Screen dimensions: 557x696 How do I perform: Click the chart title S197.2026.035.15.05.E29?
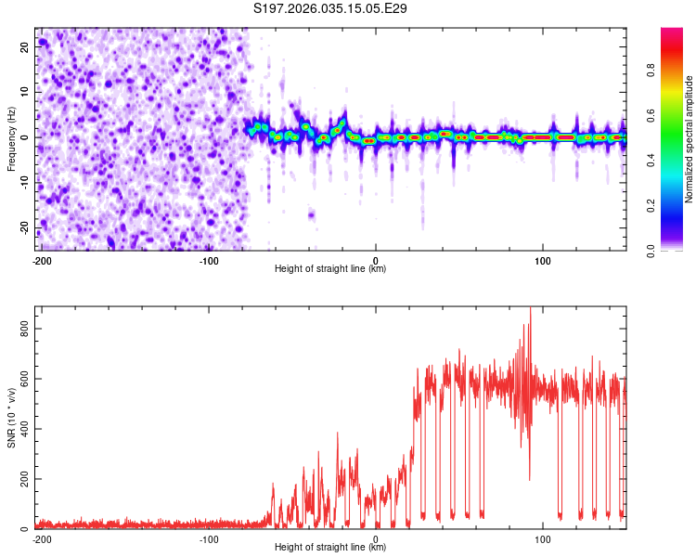pos(331,9)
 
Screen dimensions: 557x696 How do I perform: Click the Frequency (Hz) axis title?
pos(12,139)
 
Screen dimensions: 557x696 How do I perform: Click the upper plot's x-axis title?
pos(330,269)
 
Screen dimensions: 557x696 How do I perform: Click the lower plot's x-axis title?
pos(330,548)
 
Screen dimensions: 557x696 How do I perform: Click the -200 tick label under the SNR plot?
pos(42,538)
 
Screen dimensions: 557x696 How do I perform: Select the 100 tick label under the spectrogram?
pos(543,259)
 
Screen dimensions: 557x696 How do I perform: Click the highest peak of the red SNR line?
pos(530,309)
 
